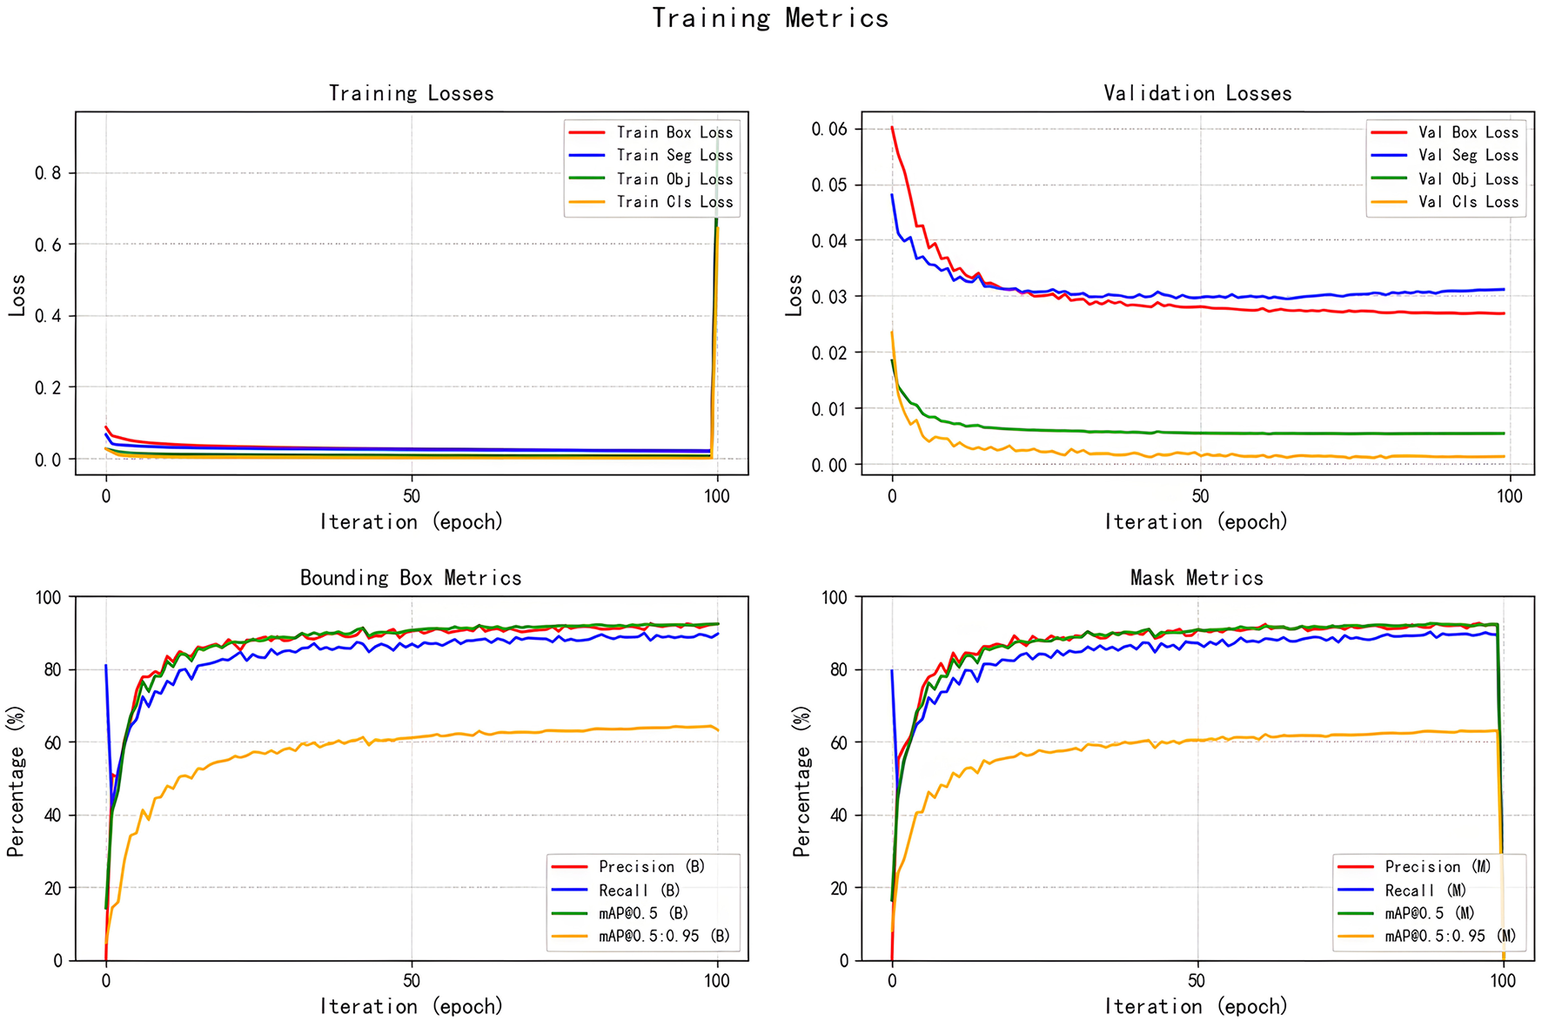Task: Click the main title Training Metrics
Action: [x=770, y=18]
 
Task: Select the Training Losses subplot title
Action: [x=411, y=93]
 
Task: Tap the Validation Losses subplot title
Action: [x=1197, y=93]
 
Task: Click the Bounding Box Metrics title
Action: [x=411, y=578]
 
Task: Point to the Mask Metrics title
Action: [x=1197, y=578]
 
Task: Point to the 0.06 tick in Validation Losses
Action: [x=829, y=129]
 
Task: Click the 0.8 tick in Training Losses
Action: [x=48, y=173]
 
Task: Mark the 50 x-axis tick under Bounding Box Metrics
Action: [x=412, y=981]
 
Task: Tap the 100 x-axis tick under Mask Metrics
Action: [x=1503, y=981]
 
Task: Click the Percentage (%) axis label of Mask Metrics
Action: [x=801, y=781]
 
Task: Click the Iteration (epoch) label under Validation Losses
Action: [x=1196, y=522]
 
